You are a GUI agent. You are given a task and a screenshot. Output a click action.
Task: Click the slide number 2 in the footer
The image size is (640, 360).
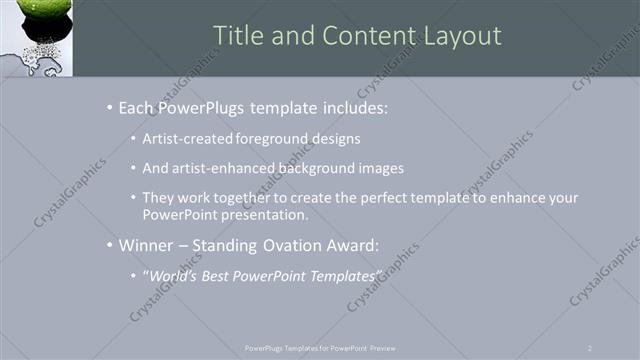point(590,348)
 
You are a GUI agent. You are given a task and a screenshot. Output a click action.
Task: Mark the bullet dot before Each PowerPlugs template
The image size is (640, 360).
point(109,108)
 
